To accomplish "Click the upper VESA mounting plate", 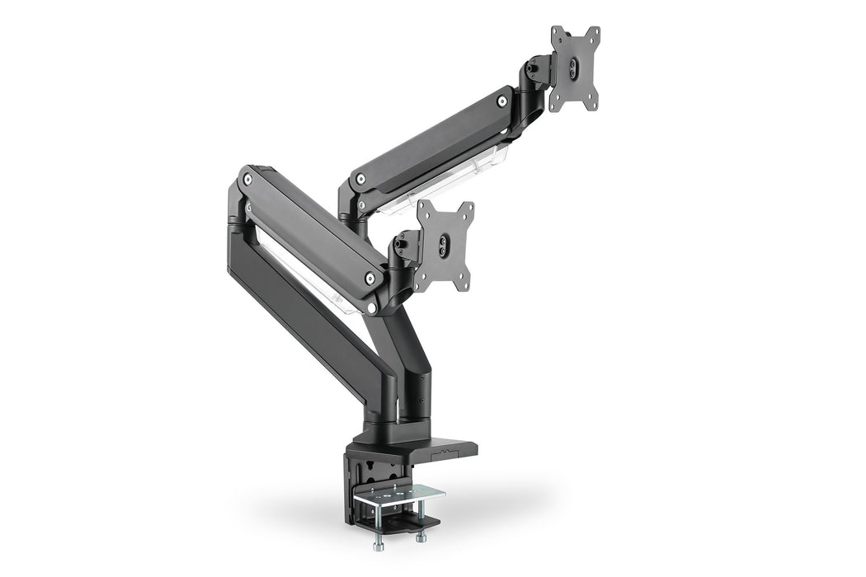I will [x=575, y=69].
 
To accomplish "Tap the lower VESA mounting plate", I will [x=445, y=245].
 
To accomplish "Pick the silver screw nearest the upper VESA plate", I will [x=501, y=101].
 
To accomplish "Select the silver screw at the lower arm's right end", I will [x=369, y=279].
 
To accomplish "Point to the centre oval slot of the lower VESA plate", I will [x=445, y=243].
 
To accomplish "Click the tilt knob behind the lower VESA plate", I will [x=401, y=242].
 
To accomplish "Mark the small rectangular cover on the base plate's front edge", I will [x=445, y=453].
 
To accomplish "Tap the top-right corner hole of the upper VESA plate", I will [x=595, y=33].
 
